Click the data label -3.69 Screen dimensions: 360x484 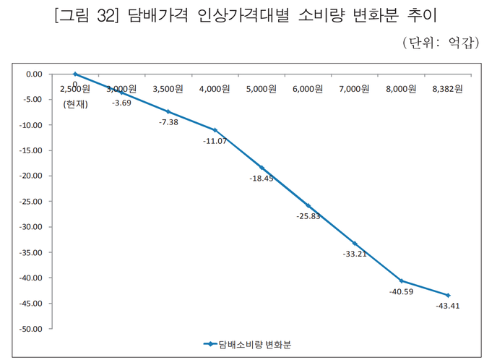pos(121,103)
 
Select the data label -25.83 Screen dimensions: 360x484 pos(308,216)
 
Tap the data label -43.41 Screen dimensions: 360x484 pos(448,306)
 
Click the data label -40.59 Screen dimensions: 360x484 pos(402,292)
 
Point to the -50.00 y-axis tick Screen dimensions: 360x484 pos(32,329)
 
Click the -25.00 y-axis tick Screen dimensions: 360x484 pos(32,202)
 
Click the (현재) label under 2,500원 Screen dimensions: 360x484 pos(75,103)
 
